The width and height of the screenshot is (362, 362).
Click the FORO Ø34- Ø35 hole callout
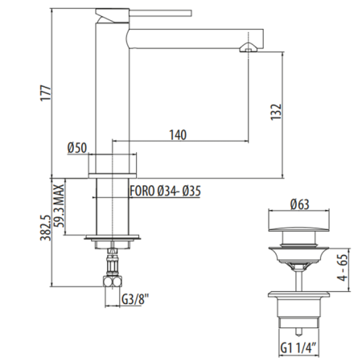(x=165, y=191)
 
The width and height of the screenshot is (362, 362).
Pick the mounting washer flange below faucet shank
(x=113, y=237)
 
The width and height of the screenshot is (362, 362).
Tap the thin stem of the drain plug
(x=298, y=278)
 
